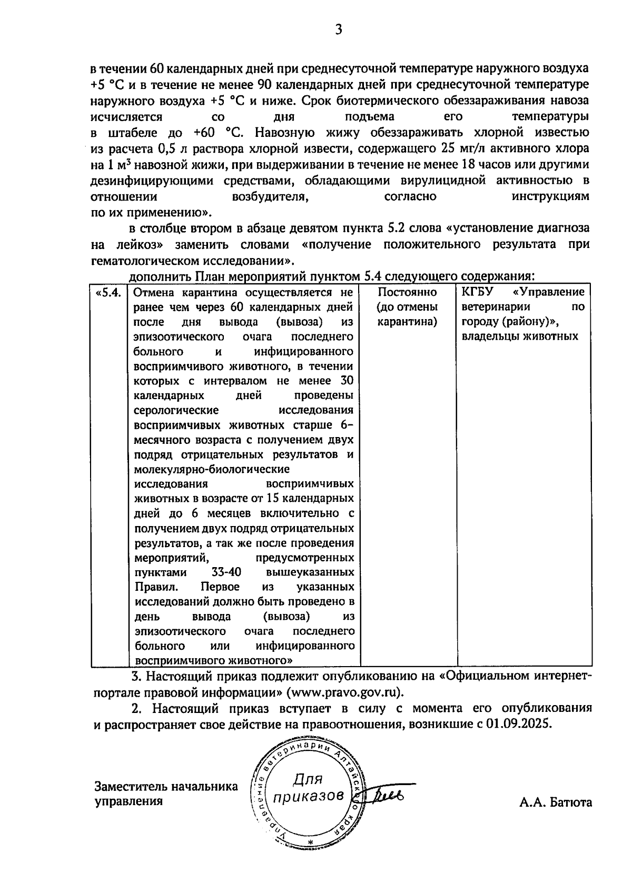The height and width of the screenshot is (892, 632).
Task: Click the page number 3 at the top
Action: (339, 30)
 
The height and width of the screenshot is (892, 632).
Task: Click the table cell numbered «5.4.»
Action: (109, 292)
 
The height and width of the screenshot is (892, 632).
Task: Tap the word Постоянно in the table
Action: (407, 292)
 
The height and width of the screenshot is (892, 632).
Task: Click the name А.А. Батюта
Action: (555, 802)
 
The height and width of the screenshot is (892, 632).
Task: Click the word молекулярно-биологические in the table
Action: (212, 469)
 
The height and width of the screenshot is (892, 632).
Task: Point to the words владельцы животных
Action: (519, 336)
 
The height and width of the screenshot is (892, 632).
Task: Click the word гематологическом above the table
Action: (146, 261)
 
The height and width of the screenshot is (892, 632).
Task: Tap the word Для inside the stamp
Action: (308, 778)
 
